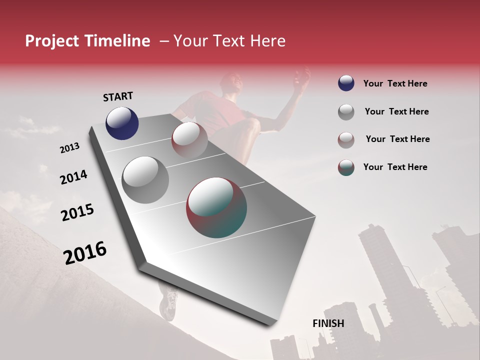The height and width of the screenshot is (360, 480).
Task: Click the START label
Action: [118, 96]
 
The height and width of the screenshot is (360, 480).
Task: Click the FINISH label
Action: [328, 323]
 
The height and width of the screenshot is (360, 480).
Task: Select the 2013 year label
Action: [69, 148]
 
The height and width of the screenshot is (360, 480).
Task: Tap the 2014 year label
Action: [73, 177]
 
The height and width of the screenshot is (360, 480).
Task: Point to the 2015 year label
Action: [77, 212]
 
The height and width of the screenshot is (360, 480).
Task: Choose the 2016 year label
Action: [85, 253]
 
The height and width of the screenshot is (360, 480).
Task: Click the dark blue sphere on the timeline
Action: [122, 123]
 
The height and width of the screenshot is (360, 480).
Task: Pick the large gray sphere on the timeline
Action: [145, 179]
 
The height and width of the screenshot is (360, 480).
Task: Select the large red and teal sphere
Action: [216, 207]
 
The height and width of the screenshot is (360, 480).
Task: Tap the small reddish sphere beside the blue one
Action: [189, 139]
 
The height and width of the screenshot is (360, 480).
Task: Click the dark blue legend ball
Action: [346, 83]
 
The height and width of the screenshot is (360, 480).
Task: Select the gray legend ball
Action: [346, 112]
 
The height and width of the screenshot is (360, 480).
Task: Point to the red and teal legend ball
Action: [346, 167]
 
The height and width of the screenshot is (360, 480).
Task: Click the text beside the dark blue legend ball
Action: [395, 83]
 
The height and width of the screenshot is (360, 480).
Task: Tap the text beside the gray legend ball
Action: [396, 111]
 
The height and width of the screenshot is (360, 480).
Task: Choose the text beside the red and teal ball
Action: [395, 167]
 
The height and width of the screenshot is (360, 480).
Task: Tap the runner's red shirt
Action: [215, 112]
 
